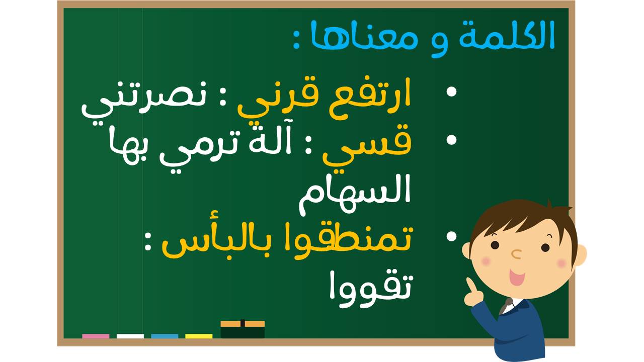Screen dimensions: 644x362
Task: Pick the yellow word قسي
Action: click(x=367, y=146)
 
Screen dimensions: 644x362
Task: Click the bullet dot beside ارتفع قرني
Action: click(x=452, y=92)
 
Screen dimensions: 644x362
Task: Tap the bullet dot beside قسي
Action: click(x=452, y=140)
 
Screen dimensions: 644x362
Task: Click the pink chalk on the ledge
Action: click(x=96, y=336)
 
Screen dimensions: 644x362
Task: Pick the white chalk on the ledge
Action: click(x=130, y=336)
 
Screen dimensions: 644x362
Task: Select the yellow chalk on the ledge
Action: click(x=199, y=336)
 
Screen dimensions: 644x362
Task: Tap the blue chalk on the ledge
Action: click(x=165, y=336)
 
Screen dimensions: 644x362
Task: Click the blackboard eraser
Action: click(x=243, y=329)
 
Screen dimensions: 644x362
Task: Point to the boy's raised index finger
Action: click(x=470, y=286)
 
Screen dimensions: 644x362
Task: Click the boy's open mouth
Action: click(x=517, y=277)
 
